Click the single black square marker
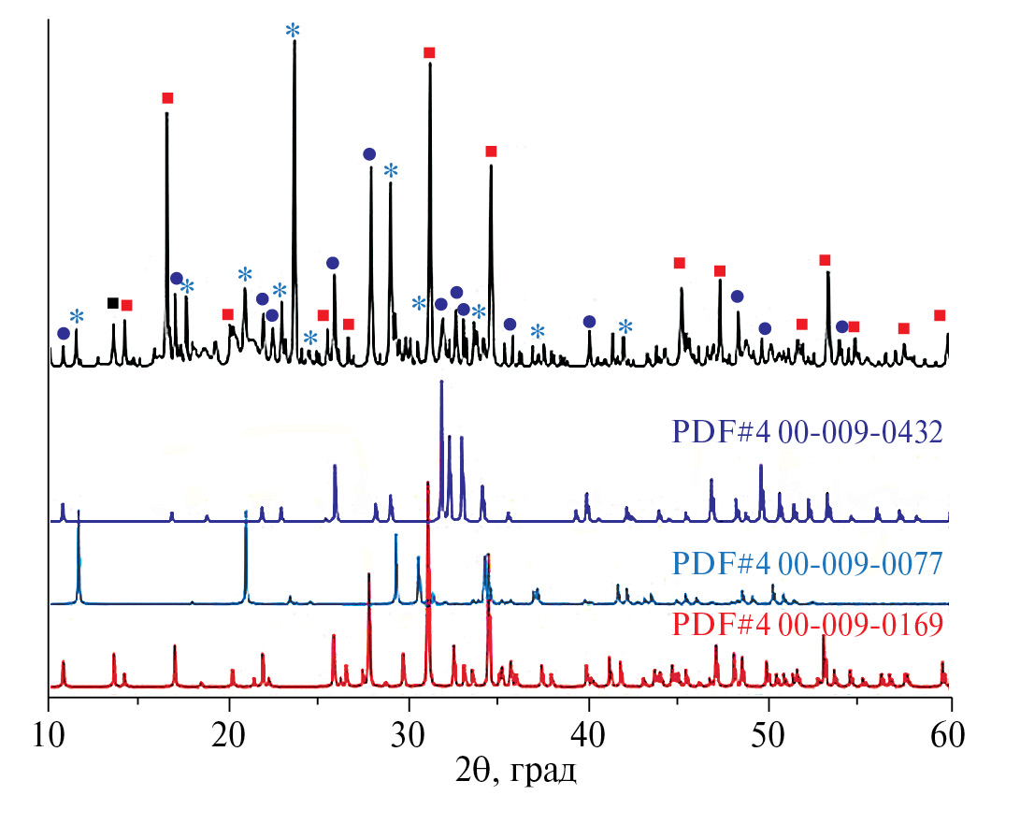coord(113,303)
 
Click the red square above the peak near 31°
coord(429,52)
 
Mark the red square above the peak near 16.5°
coord(167,98)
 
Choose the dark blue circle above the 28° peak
coord(369,154)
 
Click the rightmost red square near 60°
coord(940,315)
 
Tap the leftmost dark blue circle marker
coord(63,333)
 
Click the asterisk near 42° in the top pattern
coord(625,326)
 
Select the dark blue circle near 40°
coord(589,322)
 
